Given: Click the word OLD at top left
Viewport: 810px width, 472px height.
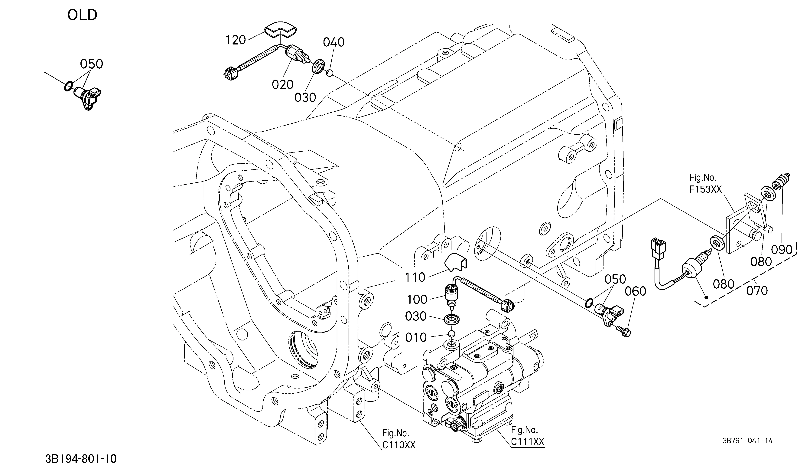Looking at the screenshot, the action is [x=82, y=15].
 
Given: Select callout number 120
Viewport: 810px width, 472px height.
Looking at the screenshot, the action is [x=236, y=40].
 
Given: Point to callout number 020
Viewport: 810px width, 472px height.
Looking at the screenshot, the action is [x=283, y=85].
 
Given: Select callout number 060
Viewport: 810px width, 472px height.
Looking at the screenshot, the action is [x=636, y=291].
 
